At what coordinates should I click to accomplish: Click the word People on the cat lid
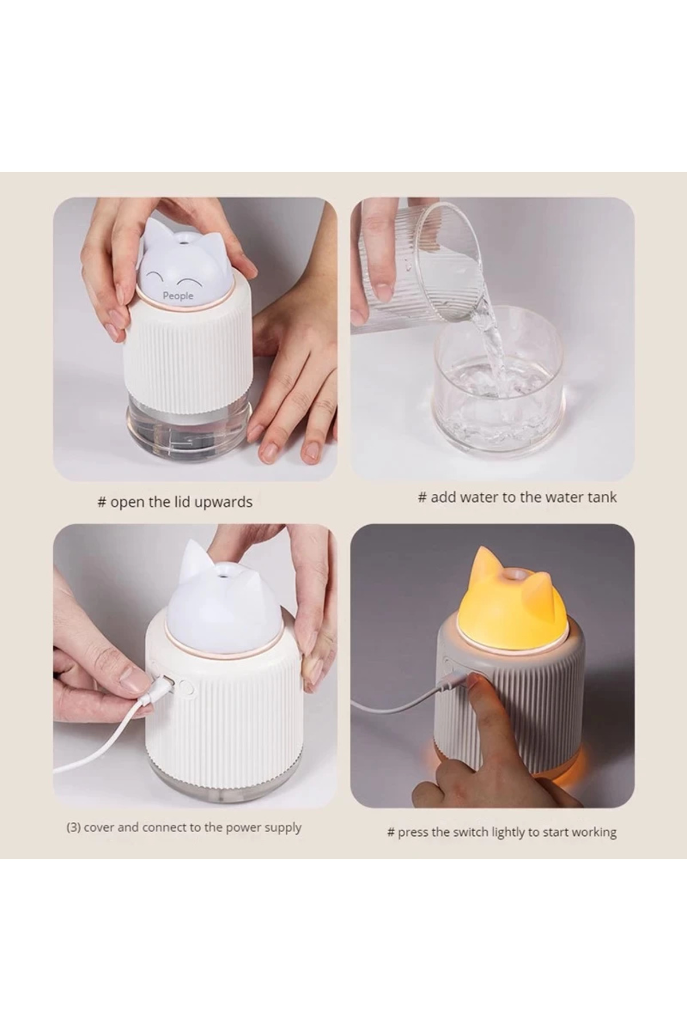[x=178, y=296]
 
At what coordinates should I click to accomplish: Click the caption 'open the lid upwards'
[x=175, y=502]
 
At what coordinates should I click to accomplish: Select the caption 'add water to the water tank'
[x=517, y=497]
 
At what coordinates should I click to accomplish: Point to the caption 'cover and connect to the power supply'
[x=184, y=828]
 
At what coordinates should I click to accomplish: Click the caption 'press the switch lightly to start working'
[x=502, y=832]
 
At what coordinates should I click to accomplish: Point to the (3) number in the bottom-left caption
[x=74, y=828]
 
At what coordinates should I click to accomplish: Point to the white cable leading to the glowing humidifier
[x=401, y=702]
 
